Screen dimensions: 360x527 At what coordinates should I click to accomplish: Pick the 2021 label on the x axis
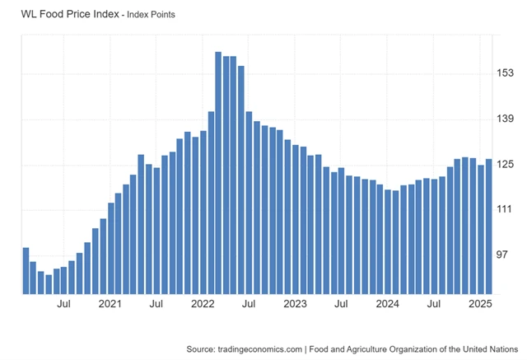[110, 305]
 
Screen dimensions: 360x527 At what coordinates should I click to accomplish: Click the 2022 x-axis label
[203, 305]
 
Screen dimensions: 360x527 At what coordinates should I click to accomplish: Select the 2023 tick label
[295, 305]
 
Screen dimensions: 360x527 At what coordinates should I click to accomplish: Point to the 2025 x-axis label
[479, 305]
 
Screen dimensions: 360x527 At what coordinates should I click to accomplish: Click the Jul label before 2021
[64, 305]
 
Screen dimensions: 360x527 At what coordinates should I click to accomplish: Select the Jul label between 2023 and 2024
[341, 305]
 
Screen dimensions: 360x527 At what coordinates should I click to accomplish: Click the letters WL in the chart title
[30, 13]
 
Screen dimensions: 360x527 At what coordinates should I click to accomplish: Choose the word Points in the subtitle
[159, 14]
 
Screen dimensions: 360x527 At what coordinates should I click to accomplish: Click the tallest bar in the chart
[218, 172]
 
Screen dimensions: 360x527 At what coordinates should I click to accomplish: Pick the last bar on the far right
[488, 226]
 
